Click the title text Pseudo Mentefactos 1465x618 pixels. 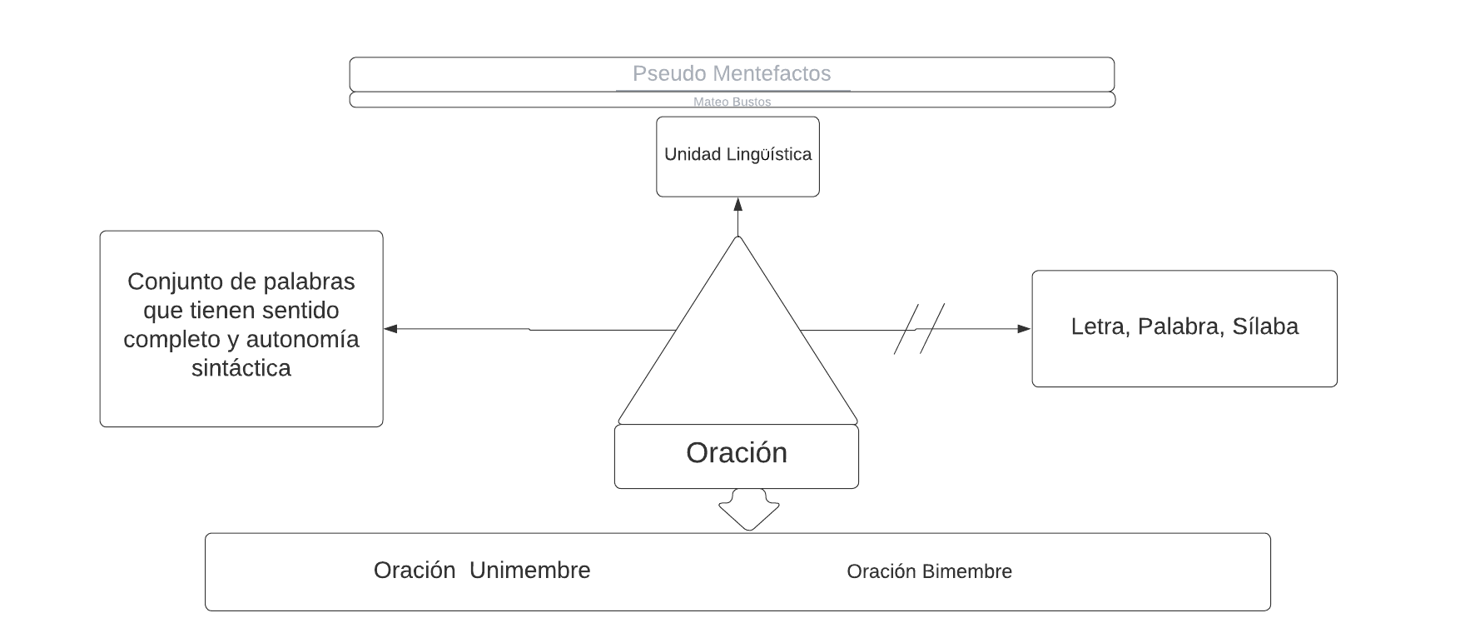click(732, 74)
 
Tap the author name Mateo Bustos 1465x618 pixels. click(732, 102)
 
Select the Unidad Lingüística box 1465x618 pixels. click(737, 156)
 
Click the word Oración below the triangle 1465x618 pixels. click(737, 453)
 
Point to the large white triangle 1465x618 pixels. click(737, 350)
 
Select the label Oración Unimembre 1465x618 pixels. click(482, 571)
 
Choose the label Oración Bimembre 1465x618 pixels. click(929, 572)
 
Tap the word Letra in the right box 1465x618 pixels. click(1098, 326)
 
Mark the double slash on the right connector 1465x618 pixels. click(919, 329)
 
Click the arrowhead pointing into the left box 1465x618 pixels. click(390, 329)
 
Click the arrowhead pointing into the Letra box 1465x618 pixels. click(1025, 329)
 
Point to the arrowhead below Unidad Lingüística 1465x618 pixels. click(737, 204)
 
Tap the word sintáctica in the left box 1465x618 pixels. click(241, 368)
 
